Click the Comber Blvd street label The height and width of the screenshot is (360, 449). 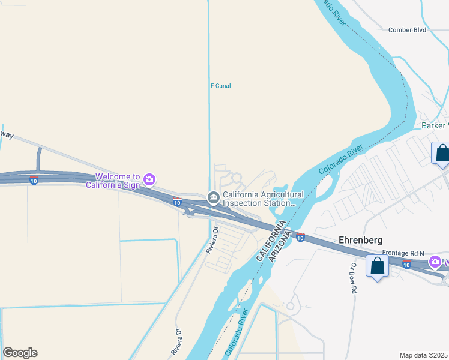(x=407, y=29)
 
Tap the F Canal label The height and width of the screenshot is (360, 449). (x=220, y=86)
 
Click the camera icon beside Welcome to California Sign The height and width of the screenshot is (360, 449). (x=149, y=178)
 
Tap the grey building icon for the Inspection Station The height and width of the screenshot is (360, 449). (x=212, y=197)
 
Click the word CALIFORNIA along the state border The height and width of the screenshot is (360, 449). (x=270, y=241)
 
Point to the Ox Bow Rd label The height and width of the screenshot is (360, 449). (x=354, y=278)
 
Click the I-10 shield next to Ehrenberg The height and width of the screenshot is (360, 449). (x=300, y=238)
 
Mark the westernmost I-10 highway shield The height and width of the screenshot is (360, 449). (x=34, y=180)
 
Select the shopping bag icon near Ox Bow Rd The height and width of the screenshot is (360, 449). (x=377, y=266)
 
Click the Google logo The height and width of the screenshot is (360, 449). (x=20, y=353)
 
